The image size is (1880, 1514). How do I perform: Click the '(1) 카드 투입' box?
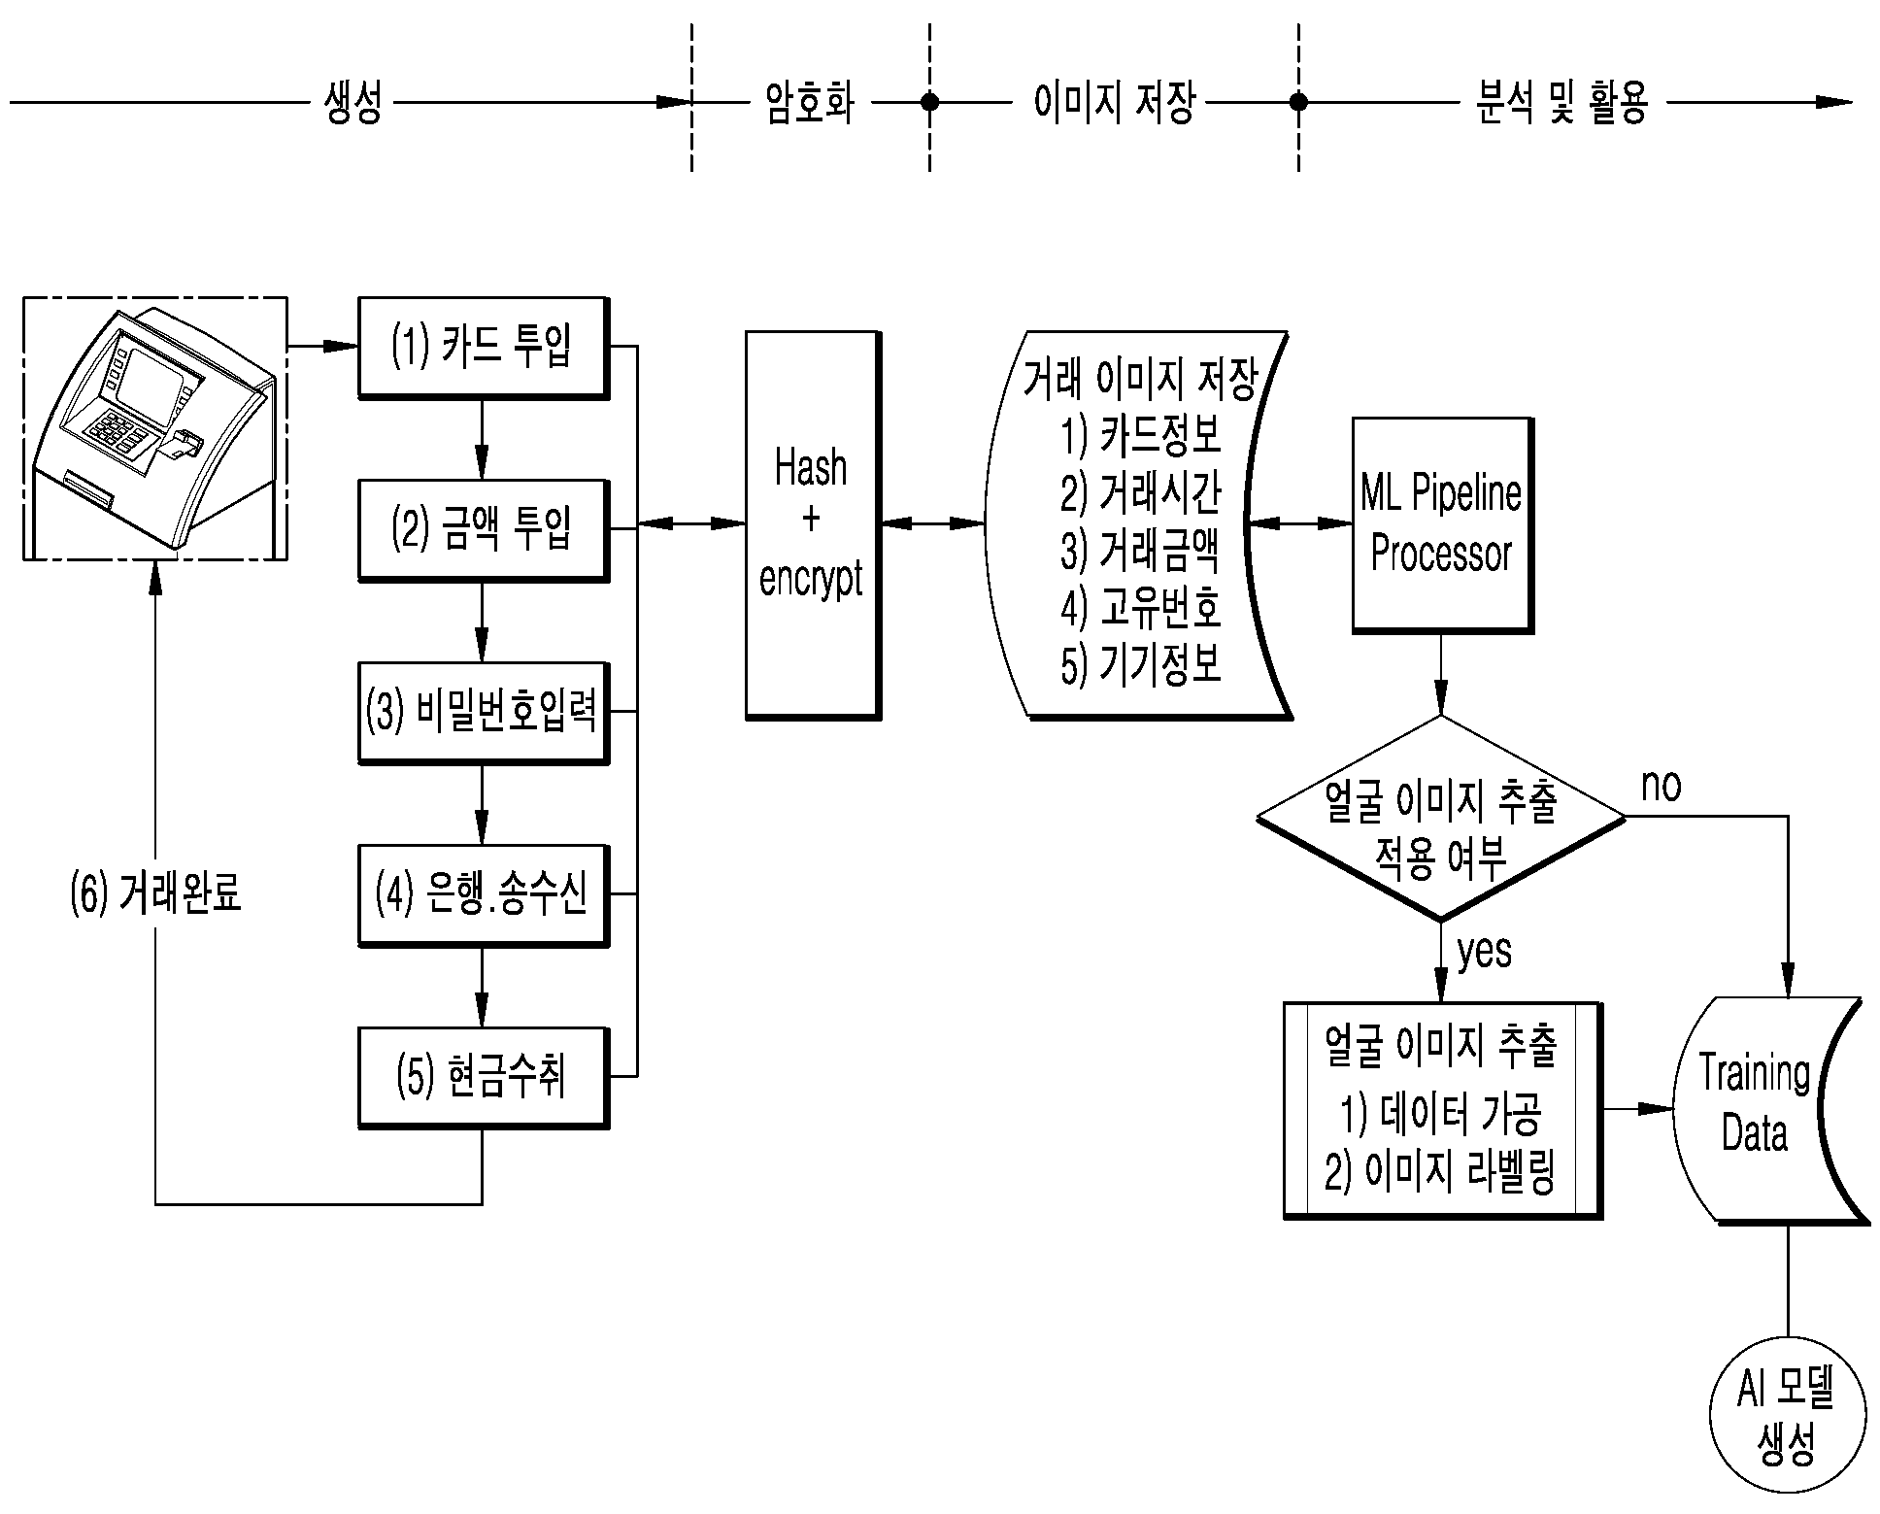[x=484, y=348]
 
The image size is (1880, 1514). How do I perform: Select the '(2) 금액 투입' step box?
[x=484, y=530]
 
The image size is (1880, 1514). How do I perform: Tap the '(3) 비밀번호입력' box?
[x=484, y=713]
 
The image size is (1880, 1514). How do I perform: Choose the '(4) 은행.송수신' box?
[x=484, y=895]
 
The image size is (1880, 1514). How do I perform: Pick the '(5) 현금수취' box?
[x=484, y=1078]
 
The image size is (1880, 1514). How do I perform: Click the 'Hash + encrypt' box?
[x=813, y=525]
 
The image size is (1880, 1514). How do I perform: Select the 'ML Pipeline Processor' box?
[x=1442, y=525]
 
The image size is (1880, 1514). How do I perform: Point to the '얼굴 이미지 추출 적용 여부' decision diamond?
[x=1441, y=818]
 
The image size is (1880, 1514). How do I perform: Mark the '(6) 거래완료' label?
[x=155, y=893]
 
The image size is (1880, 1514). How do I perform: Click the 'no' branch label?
[x=1661, y=785]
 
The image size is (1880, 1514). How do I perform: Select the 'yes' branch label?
[x=1485, y=951]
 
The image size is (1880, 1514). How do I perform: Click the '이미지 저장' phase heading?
[x=1114, y=102]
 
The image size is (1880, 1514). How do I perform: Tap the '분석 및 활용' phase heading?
[x=1561, y=102]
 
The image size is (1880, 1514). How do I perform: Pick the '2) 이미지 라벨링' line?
[x=1441, y=1172]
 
